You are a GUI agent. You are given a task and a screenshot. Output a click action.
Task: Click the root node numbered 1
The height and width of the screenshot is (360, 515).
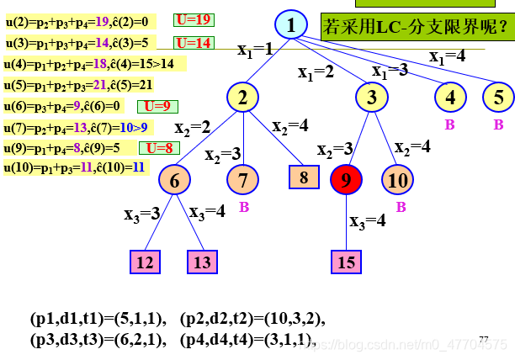coord(291,25)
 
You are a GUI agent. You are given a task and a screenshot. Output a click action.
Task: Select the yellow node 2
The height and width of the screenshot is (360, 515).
coord(242,98)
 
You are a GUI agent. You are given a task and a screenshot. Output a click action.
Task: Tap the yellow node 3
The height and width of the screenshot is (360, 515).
coord(371,98)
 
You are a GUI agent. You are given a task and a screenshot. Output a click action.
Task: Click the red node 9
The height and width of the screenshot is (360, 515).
coord(347,179)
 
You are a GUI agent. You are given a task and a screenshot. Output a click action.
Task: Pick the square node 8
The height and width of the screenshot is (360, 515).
coord(304,177)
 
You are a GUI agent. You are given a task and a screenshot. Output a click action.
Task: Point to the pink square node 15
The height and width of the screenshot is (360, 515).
coord(347,262)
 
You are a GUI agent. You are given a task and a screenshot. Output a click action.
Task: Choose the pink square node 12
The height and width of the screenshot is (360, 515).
coord(146,262)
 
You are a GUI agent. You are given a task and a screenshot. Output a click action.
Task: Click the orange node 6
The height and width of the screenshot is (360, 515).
coord(175,180)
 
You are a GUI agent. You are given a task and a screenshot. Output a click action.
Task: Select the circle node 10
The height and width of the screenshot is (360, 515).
coord(397,179)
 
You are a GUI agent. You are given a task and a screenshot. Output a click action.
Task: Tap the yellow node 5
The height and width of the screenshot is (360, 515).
coord(498,98)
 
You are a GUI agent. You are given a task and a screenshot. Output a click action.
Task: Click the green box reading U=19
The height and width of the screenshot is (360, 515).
coord(194,19)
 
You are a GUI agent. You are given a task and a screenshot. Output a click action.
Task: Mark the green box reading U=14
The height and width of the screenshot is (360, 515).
coord(194,42)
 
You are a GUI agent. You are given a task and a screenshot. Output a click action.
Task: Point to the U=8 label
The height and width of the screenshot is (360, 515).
coord(159,147)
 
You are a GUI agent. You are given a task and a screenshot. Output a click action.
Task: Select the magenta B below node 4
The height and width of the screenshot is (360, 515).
coord(449,124)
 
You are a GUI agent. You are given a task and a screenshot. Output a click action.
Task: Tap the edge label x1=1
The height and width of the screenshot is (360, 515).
coord(255,50)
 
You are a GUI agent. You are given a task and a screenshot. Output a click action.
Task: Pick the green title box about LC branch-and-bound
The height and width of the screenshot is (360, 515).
coord(416,28)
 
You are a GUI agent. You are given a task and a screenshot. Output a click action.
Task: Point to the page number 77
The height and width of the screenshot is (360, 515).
coord(483,338)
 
